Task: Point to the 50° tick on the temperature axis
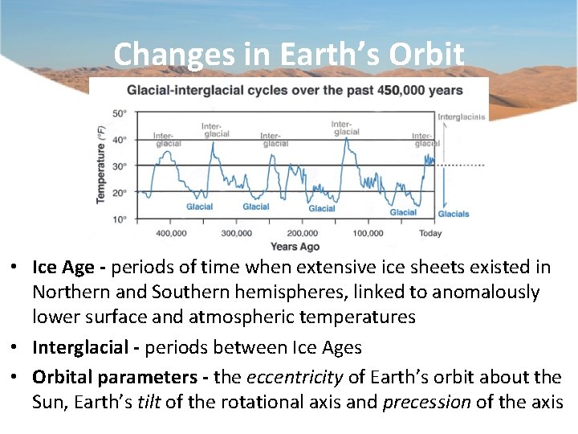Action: coord(119,113)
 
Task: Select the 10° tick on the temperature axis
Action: coord(119,219)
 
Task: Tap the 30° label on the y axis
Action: coord(119,166)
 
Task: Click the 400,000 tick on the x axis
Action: coord(170,233)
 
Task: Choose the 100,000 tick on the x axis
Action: coord(368,233)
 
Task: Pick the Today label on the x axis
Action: coord(430,233)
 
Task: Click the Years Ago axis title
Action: coord(295,246)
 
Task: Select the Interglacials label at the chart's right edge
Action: coord(462,117)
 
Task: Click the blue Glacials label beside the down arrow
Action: coord(454,215)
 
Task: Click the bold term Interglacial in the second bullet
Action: coord(80,347)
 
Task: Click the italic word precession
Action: coord(426,402)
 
